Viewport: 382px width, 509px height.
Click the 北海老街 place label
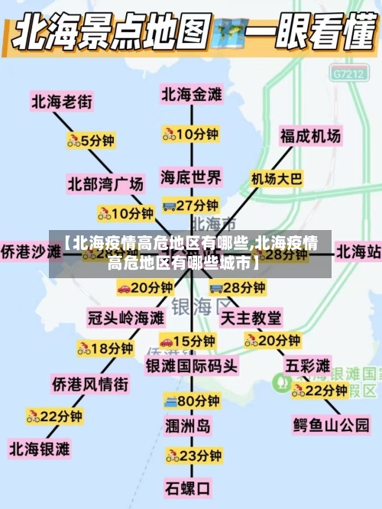61,100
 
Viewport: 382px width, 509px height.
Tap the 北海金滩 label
191,94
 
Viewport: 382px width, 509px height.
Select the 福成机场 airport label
310,136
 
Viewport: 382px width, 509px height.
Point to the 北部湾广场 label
105,183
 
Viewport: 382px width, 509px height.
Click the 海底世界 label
191,177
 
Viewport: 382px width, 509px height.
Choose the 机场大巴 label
277,178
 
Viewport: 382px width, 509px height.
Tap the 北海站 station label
358,251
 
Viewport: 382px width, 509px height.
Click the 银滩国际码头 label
191,366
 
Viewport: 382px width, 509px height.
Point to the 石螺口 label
188,486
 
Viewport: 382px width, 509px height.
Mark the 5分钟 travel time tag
91,140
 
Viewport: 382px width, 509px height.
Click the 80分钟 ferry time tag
191,400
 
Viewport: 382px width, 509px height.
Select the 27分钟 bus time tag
191,205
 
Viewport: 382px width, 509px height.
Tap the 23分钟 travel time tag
193,456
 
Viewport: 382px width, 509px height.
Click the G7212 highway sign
348,74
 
